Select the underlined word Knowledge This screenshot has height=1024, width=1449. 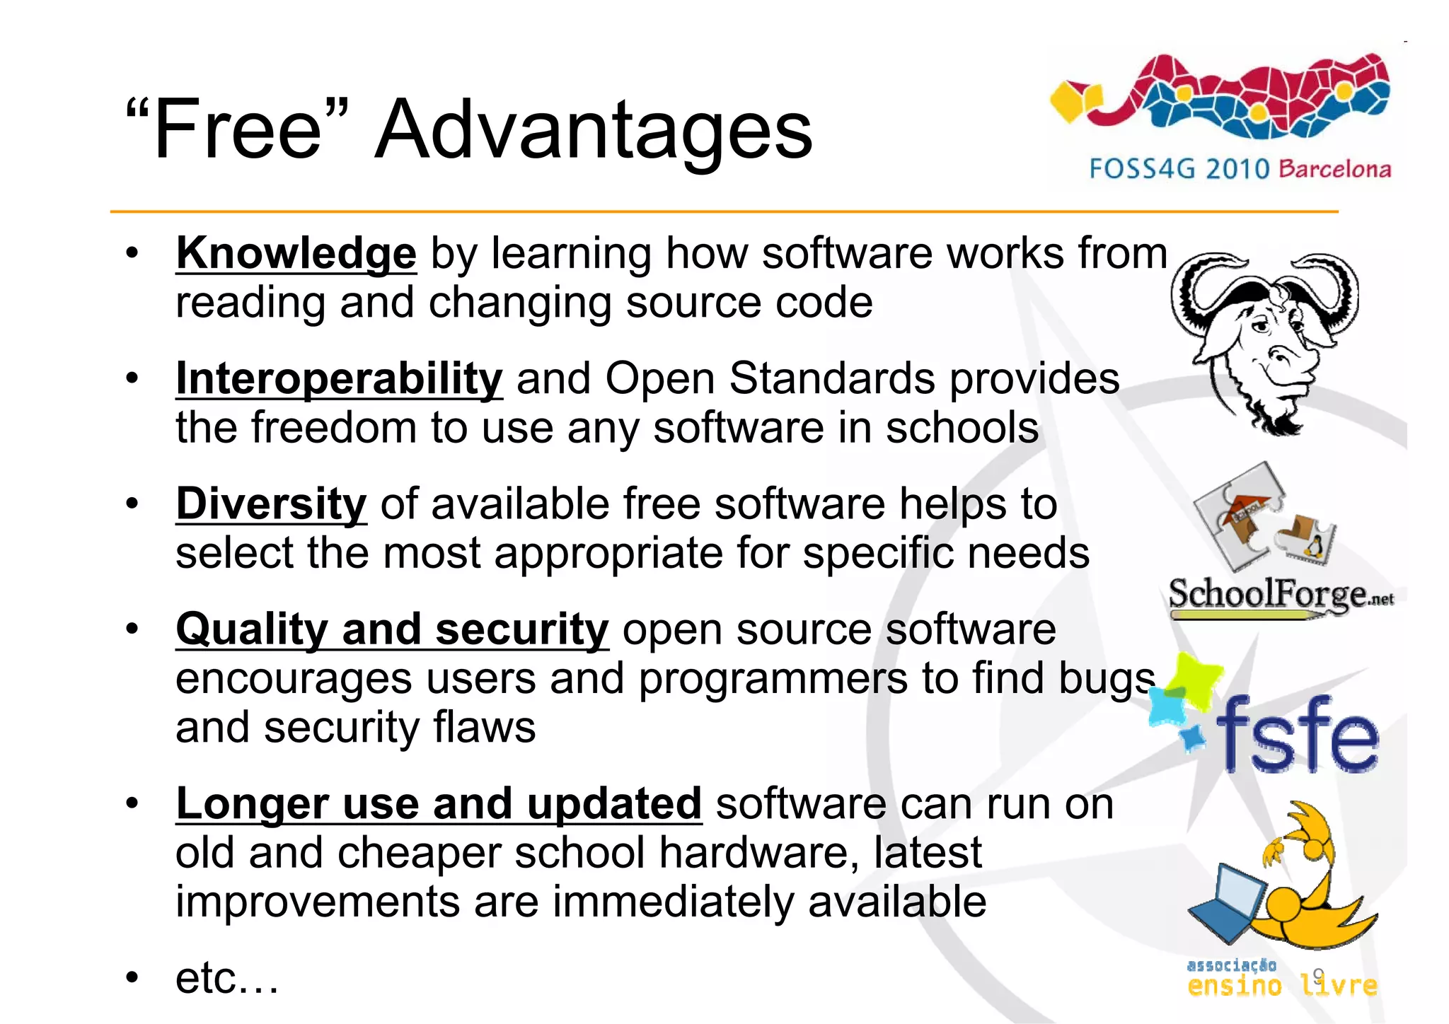click(x=296, y=253)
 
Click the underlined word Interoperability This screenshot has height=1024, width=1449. click(x=339, y=378)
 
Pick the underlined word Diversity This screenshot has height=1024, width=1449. click(x=271, y=504)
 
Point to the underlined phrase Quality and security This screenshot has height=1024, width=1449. click(x=392, y=629)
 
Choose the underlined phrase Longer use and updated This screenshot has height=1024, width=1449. click(x=439, y=803)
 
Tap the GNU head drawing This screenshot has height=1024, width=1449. click(x=1264, y=339)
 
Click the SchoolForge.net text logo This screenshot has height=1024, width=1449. click(x=1279, y=594)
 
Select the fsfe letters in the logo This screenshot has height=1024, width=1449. click(x=1296, y=735)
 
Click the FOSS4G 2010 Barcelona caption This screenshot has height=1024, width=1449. click(x=1240, y=169)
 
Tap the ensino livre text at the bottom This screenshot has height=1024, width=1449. click(x=1281, y=984)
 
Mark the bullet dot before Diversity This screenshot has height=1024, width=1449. click(x=132, y=504)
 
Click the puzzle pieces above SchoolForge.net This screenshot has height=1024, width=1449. click(x=1263, y=520)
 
